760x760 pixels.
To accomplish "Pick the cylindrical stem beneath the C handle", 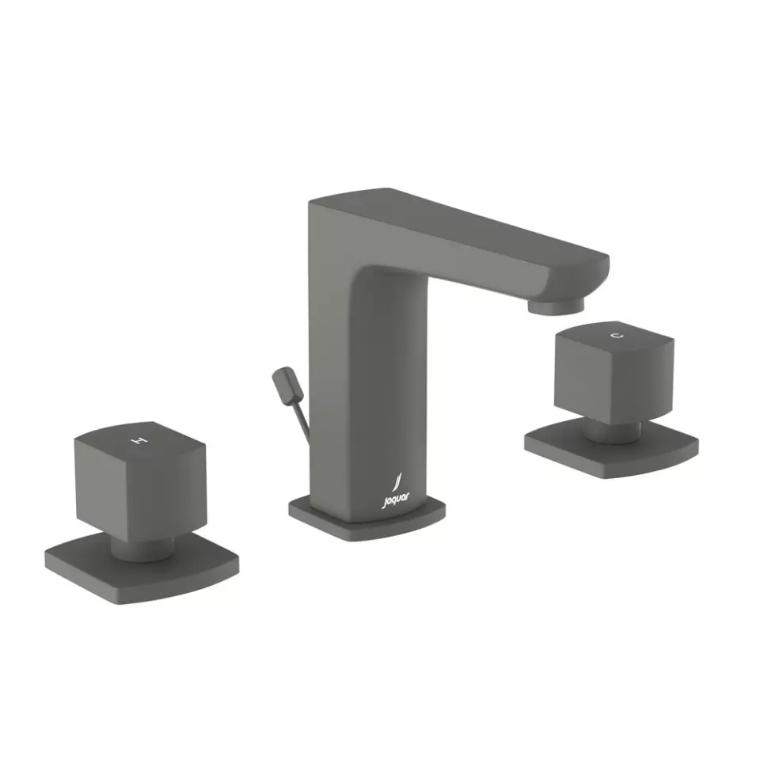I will [x=614, y=431].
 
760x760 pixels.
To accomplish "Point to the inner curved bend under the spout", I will [x=372, y=274].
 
